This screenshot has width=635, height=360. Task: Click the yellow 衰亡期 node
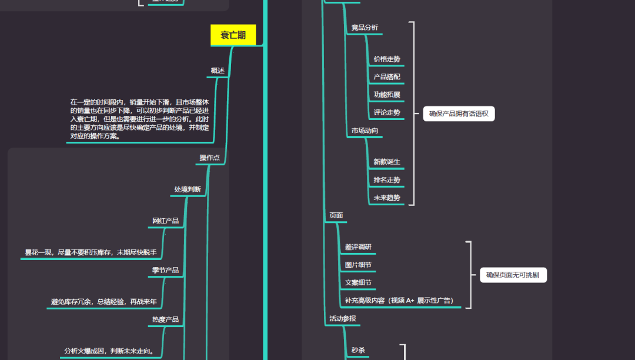[233, 35]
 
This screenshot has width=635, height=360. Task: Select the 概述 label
[218, 71]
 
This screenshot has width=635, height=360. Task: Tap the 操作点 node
[209, 158]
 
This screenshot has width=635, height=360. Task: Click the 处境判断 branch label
[187, 189]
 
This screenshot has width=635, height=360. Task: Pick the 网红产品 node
[165, 221]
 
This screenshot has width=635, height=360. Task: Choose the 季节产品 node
[165, 271]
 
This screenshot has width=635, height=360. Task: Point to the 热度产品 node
[165, 320]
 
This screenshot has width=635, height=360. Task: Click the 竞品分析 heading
[365, 27]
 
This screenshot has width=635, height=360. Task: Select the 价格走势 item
[387, 59]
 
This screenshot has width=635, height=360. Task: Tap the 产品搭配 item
[387, 77]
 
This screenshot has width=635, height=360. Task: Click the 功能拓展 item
[387, 95]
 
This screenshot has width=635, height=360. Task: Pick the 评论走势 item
[387, 112]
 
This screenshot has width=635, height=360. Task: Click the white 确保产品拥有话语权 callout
[459, 114]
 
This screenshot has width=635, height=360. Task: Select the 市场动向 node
[365, 131]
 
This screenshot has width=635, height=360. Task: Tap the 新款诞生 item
[387, 162]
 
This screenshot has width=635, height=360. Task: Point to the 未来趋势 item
[387, 198]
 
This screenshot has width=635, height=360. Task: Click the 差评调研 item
[358, 247]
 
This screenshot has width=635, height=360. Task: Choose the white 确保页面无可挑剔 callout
[513, 275]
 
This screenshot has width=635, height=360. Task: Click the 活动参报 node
[342, 319]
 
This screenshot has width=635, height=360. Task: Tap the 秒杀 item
[358, 351]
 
